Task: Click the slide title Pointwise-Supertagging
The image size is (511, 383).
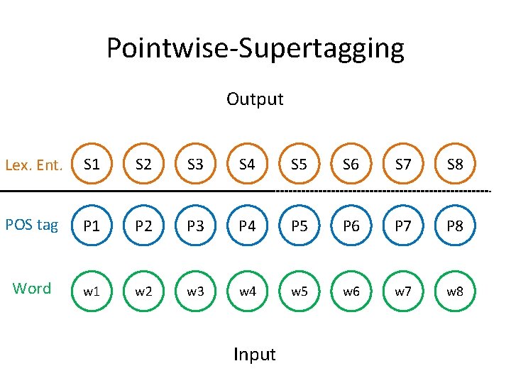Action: click(255, 48)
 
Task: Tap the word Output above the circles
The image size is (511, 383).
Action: click(255, 99)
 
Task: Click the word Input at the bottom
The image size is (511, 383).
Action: click(254, 354)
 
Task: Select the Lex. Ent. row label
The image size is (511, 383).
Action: click(34, 166)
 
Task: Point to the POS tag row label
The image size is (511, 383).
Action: click(31, 225)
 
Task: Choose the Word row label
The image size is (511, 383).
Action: click(32, 288)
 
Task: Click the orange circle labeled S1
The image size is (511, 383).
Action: click(92, 165)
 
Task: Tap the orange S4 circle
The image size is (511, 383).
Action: click(247, 165)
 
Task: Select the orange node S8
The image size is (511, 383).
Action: click(455, 165)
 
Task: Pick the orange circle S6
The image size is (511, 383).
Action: click(351, 165)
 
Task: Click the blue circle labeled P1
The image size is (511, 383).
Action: click(92, 226)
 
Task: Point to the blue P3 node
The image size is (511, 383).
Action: click(195, 226)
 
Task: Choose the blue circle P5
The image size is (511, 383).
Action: click(299, 226)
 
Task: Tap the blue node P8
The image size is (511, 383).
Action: click(455, 226)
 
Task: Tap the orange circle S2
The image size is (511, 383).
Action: click(143, 165)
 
